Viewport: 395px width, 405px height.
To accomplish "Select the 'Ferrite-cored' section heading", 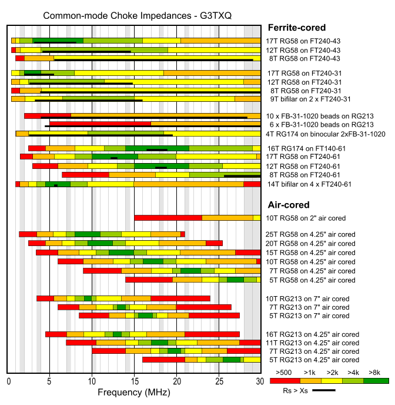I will (296, 27).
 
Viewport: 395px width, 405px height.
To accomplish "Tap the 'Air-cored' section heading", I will (289, 205).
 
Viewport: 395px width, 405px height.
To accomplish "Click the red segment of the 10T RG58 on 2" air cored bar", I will (168, 218).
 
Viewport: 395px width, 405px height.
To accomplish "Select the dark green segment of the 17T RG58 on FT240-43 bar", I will (58, 41).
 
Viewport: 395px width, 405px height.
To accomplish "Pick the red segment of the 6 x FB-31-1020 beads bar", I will (100, 124).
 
